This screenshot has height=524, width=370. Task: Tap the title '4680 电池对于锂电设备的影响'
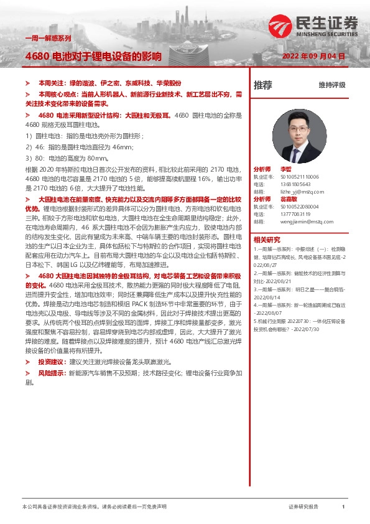click(x=93, y=56)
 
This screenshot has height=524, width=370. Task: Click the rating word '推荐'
click(x=262, y=85)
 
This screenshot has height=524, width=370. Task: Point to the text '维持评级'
click(x=331, y=85)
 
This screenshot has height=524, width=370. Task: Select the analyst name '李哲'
click(x=285, y=169)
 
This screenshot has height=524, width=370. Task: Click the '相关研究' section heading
click(x=267, y=239)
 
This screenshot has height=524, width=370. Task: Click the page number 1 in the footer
click(x=343, y=507)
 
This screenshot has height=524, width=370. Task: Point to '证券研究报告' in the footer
click(x=303, y=507)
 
